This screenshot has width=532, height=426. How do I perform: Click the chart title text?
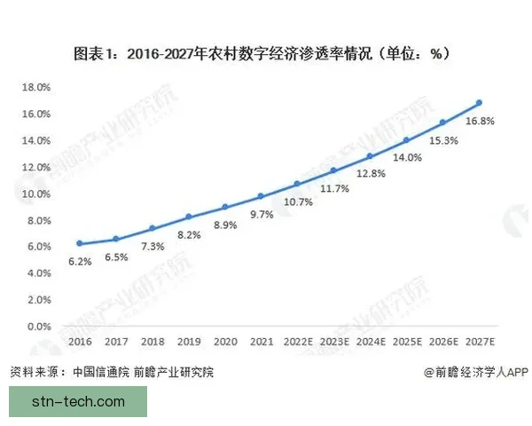266,53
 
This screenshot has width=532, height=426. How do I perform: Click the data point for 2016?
79,243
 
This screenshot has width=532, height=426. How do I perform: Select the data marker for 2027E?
480,103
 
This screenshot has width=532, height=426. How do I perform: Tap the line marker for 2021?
261,196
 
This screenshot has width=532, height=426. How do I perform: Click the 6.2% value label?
79,263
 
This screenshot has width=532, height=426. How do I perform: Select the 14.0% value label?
408,157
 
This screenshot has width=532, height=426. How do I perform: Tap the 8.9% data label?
226,225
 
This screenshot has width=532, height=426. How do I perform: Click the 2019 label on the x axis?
188,340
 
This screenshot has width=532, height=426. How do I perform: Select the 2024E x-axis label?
371,340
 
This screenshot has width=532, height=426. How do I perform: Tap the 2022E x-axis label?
297,340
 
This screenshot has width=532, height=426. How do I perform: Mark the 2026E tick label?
443,340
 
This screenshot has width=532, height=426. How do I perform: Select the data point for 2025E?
407,139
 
